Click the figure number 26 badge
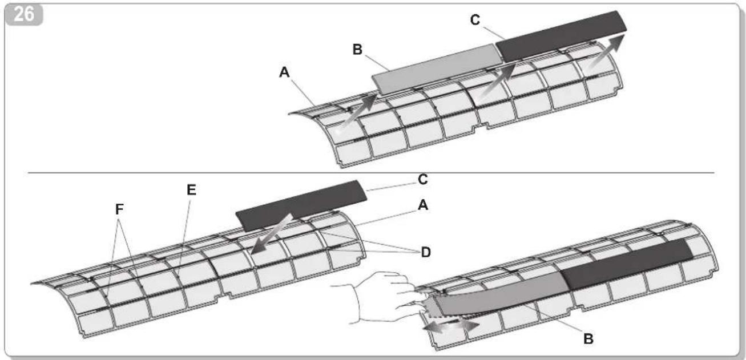23,14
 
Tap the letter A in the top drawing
284,72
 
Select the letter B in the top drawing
357,50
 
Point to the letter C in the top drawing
475,20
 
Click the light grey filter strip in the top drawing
436,69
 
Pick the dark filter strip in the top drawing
561,36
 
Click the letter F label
119,209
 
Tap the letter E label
191,190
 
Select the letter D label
426,252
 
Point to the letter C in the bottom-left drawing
422,180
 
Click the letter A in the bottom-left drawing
423,205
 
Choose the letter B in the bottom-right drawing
588,339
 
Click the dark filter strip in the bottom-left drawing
301,206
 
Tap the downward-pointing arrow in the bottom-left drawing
272,234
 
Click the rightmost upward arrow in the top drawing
606,51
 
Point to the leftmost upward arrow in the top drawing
357,112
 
